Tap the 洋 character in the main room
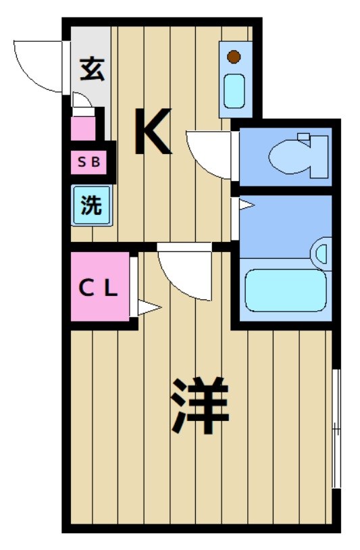coord(200,406)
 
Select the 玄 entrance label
coord(92,70)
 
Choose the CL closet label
coord(99,289)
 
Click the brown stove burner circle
coord(234,57)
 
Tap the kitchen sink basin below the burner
coord(234,91)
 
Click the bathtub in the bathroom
coord(286,291)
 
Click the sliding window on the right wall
coord(336,428)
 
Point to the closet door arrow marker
coord(148,308)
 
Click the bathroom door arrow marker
coord(245,204)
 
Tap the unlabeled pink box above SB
coord(84,128)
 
